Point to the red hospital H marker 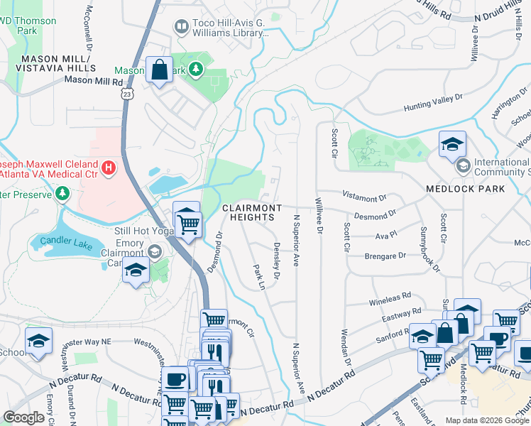pyautogui.click(x=108, y=168)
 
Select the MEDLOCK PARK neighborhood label pyautogui.click(x=465, y=189)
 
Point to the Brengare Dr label pyautogui.click(x=384, y=256)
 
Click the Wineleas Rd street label pyautogui.click(x=390, y=297)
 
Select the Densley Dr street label pyautogui.click(x=275, y=260)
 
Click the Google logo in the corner pyautogui.click(x=23, y=417)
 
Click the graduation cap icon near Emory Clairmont pyautogui.click(x=136, y=270)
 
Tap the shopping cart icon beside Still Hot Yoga pyautogui.click(x=187, y=224)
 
